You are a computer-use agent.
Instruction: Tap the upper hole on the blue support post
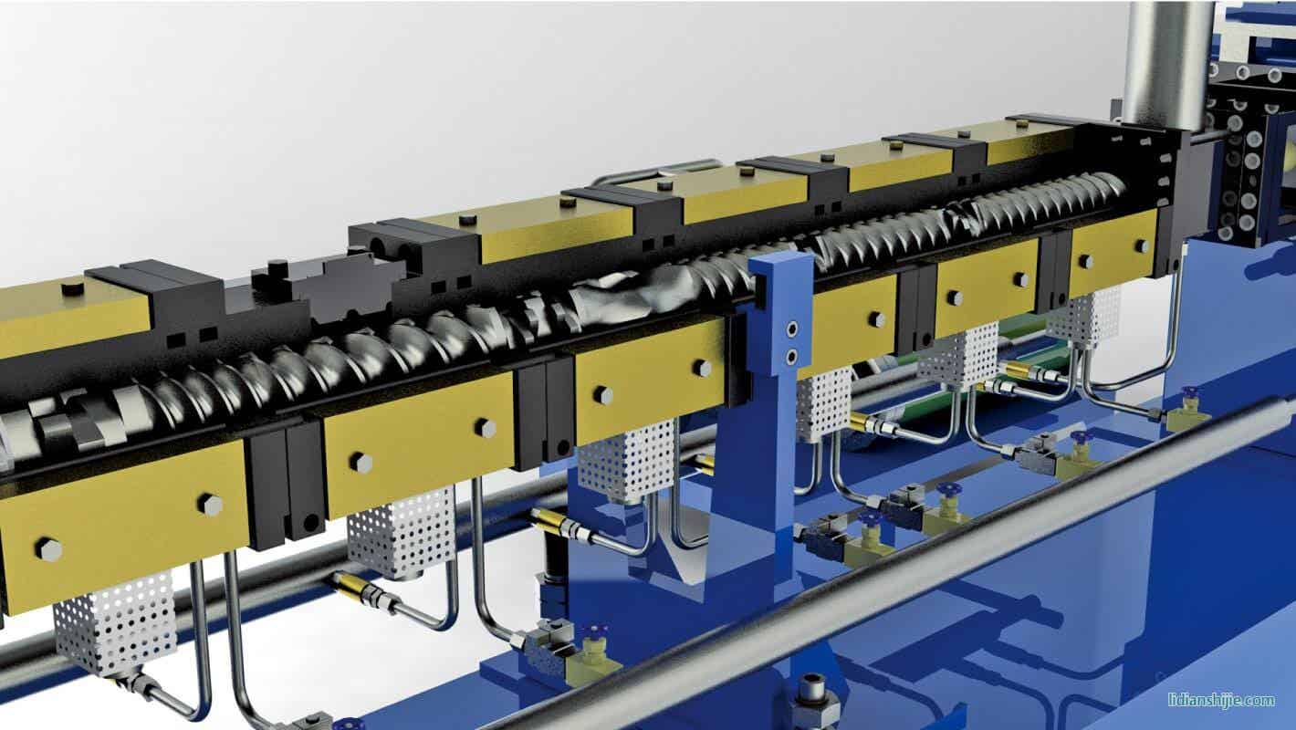[x=792, y=329]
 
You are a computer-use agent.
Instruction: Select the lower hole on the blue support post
[x=791, y=355]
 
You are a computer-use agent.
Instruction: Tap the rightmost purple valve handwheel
[x=1189, y=394]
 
